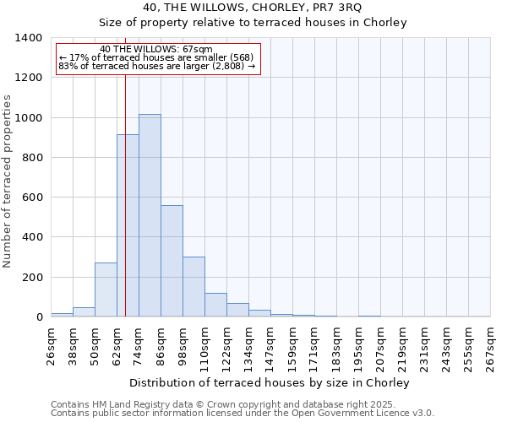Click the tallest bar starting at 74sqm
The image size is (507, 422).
(x=150, y=215)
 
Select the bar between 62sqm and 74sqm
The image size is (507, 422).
(x=128, y=225)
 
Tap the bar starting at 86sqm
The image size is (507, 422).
(x=172, y=261)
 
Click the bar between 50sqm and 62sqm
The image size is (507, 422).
(x=106, y=289)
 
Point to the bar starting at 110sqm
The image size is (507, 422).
(x=215, y=305)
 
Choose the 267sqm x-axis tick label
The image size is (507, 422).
(x=490, y=345)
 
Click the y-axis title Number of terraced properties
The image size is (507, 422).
(x=8, y=181)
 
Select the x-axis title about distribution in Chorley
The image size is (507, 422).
(x=270, y=383)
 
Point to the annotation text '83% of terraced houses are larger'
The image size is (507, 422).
(x=156, y=66)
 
